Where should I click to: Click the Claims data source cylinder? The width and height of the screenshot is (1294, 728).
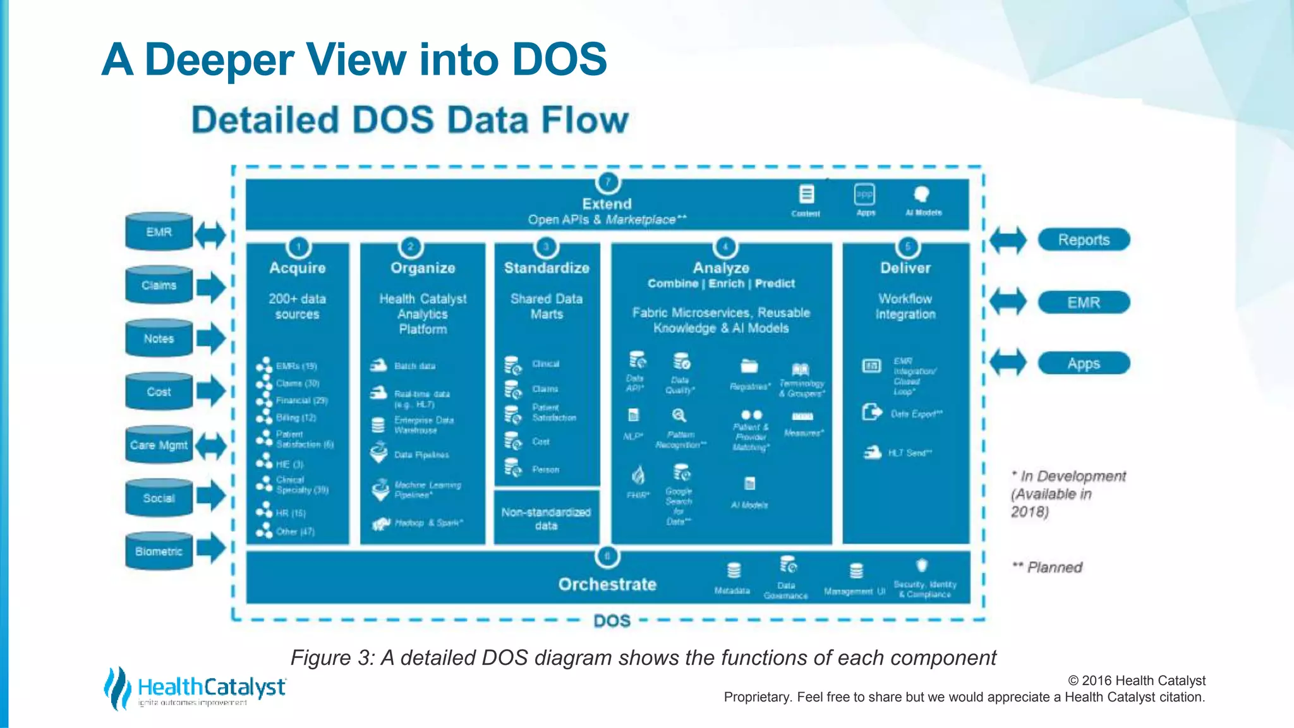coord(159,286)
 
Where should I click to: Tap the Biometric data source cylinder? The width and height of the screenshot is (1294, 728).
coord(159,552)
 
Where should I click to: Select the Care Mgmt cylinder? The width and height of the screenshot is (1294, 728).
coord(159,446)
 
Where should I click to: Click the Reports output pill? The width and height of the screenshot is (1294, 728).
coord(1084,240)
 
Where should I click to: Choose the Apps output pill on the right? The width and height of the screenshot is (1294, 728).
coord(1084,364)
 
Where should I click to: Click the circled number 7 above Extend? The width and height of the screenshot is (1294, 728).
coord(608,183)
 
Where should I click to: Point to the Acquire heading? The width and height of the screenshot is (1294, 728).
coord(298,268)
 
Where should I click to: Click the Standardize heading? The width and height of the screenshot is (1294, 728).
coord(547,268)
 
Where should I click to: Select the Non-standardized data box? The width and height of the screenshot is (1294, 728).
coord(547,518)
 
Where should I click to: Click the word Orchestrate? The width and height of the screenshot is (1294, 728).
coord(607,585)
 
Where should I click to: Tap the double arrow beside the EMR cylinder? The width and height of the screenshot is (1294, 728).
coord(210,235)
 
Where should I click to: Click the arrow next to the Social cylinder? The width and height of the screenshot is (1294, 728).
coord(210,496)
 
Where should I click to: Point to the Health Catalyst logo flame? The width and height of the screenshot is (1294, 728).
coord(117,688)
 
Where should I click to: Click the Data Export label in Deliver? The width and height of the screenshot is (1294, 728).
coord(916,414)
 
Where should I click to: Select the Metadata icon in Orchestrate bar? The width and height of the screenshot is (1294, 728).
coord(734,571)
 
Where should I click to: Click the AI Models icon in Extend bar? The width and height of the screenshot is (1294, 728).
coord(922,195)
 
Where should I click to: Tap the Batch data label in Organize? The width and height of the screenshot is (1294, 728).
coord(414,366)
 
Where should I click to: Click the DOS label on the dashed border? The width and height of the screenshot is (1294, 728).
coord(612,621)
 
